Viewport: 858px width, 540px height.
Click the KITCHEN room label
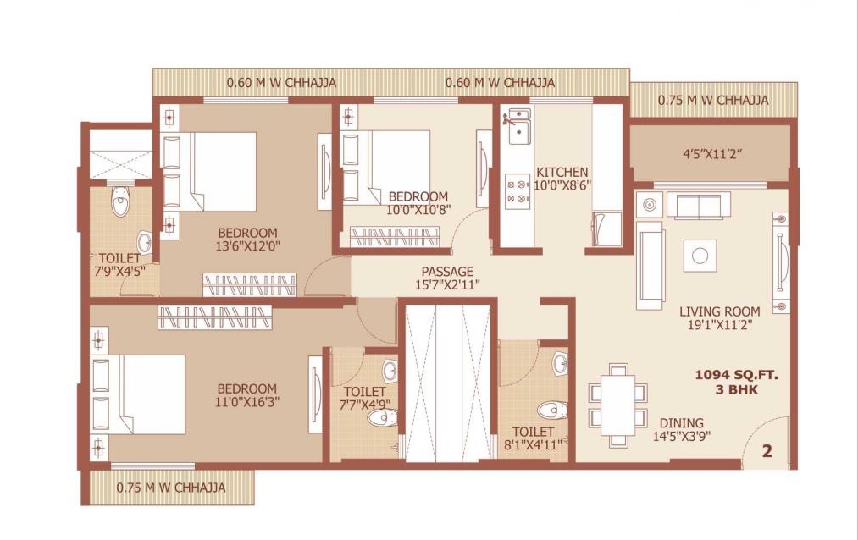point(562,172)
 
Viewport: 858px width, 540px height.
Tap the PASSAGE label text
point(447,271)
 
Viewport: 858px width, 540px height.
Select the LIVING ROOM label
point(720,311)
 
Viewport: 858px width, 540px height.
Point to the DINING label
point(681,423)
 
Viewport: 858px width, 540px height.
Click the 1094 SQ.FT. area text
point(737,375)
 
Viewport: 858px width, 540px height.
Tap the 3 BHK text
point(737,389)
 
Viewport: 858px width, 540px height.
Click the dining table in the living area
point(617,405)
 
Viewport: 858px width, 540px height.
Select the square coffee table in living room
point(700,256)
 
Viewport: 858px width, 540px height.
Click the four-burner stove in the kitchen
point(518,190)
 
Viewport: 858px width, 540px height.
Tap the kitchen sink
point(518,126)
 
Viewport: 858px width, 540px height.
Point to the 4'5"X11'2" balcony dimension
point(712,153)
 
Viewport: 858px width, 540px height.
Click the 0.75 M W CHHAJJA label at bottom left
point(171,488)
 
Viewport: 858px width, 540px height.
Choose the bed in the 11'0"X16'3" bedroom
point(139,394)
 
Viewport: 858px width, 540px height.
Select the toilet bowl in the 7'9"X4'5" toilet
point(121,201)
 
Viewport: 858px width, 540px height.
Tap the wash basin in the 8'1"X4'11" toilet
point(559,363)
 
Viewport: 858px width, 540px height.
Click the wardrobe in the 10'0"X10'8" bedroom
point(394,238)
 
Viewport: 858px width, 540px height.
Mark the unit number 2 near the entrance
point(767,451)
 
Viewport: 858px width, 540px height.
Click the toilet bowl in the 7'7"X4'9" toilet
point(382,419)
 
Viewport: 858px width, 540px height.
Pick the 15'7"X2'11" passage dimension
point(447,284)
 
